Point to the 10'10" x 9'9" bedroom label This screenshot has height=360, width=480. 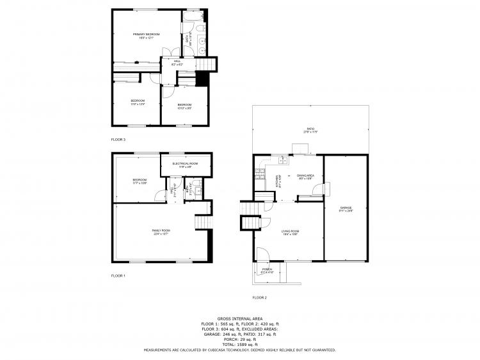click(x=184, y=106)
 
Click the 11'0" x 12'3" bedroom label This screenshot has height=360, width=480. click(x=138, y=102)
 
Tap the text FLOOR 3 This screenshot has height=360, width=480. click(x=118, y=139)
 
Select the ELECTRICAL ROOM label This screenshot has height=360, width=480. click(x=185, y=165)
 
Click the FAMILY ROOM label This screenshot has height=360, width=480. click(x=161, y=231)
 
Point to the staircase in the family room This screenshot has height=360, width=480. click(x=203, y=221)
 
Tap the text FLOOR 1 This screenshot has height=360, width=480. click(x=118, y=275)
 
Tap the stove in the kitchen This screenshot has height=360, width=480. click(x=259, y=172)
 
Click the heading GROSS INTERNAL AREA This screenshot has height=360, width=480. click(x=239, y=318)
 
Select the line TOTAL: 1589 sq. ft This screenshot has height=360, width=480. click(x=239, y=345)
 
